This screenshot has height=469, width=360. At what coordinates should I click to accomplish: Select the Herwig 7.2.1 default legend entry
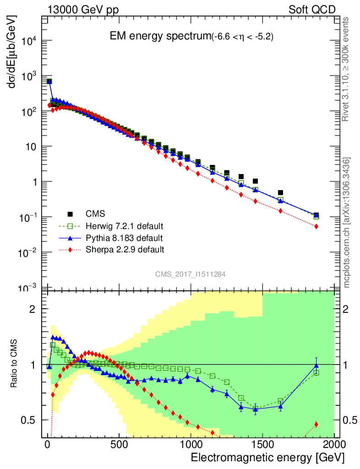[x=125, y=226]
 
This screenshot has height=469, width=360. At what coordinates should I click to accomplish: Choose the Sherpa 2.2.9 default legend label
[x=125, y=250]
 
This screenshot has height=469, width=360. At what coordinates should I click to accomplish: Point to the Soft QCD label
[x=311, y=10]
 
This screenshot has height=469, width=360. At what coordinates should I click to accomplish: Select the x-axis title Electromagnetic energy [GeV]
[x=267, y=458]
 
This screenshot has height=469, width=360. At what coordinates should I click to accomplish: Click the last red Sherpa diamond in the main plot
[x=316, y=226]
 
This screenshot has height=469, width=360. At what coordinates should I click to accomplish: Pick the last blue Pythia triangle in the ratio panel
[x=316, y=365]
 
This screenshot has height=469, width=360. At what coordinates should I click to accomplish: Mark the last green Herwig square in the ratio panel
[x=316, y=372]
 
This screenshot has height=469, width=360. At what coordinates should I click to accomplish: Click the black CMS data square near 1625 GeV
[x=281, y=193]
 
